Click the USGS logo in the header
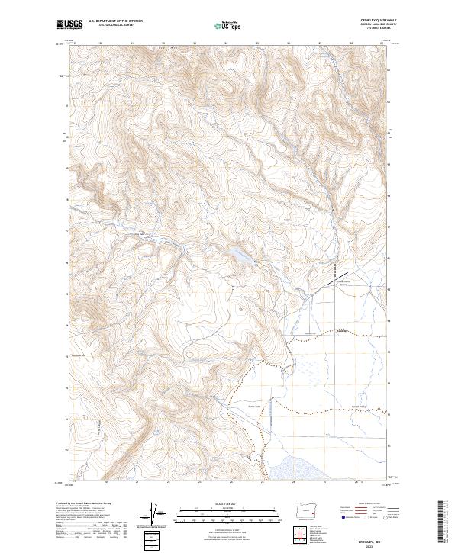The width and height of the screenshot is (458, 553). point(69,24)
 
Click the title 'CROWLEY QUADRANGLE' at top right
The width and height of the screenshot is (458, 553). point(373,21)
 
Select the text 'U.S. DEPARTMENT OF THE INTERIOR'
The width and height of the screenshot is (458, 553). point(115,21)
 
